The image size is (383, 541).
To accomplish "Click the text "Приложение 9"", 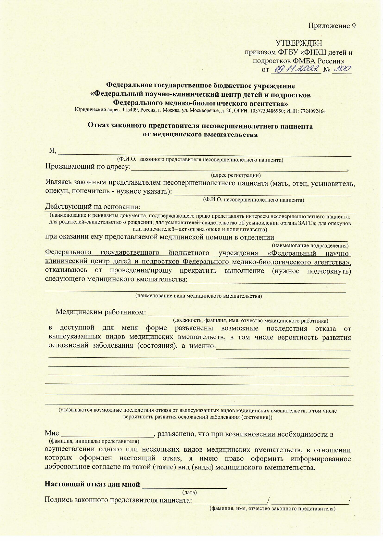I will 332,26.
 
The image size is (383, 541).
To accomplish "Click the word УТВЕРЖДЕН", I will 299,43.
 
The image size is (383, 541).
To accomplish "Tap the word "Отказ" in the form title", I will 98,126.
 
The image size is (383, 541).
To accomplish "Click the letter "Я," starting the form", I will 53,151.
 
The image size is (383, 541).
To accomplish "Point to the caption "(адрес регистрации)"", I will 236,175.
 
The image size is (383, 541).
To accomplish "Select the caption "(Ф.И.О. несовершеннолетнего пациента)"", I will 253,200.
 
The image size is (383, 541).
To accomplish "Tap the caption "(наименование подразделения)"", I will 310,246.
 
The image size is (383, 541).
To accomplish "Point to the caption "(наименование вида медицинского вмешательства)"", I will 199,296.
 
